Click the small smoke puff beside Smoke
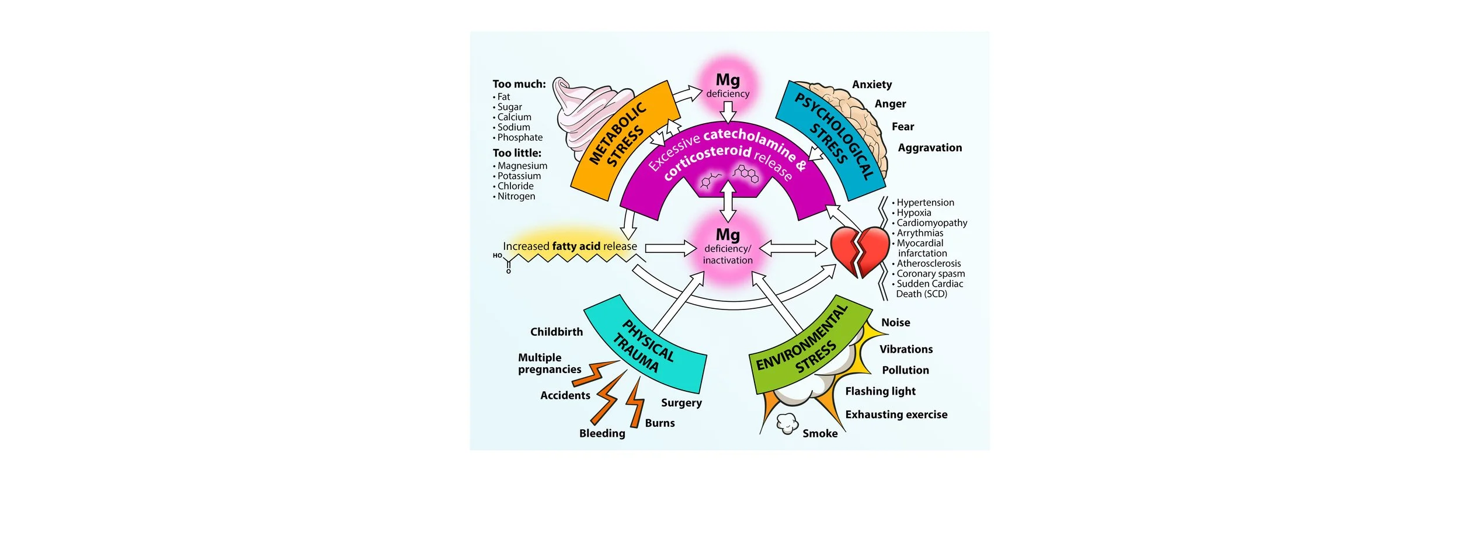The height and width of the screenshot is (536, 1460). (787, 423)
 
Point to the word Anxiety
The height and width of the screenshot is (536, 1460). (871, 85)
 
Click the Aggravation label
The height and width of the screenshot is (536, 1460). (930, 148)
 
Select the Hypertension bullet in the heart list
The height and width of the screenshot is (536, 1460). (925, 203)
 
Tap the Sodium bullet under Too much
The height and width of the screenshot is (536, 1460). (513, 127)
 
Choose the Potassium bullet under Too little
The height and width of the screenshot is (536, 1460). (519, 176)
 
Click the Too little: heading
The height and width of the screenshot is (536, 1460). (517, 153)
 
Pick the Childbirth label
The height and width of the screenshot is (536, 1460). (556, 332)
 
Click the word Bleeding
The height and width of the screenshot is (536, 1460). (602, 433)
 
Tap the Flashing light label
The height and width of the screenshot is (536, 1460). (880, 391)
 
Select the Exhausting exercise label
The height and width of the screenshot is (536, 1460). (896, 415)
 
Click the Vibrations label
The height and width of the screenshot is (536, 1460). (906, 349)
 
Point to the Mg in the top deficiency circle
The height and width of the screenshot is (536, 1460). (728, 79)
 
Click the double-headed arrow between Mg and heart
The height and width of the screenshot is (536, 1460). (793, 249)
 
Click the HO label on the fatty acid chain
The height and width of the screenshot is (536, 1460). (497, 256)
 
